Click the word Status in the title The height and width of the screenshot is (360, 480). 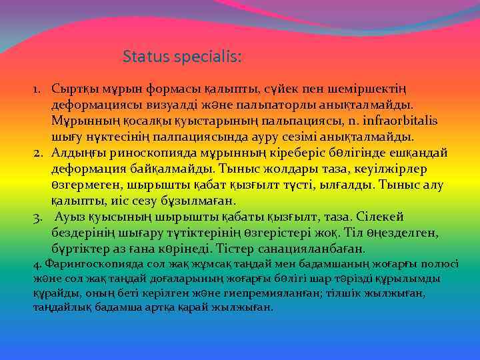tap(142, 57)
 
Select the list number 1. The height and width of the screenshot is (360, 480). tap(39, 89)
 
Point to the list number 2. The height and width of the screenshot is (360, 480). tap(39, 153)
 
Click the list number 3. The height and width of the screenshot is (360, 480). tap(39, 217)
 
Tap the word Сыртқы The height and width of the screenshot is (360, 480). tap(73, 89)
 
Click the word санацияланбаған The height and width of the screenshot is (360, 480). tap(323, 249)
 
